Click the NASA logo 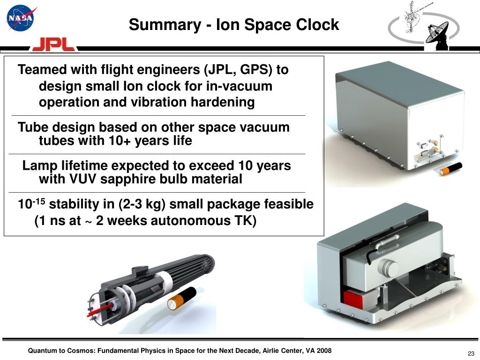click(20, 18)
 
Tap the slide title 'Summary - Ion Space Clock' click(234, 24)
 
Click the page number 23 click(471, 353)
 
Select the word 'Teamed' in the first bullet click(42, 70)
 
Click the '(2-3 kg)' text click(142, 204)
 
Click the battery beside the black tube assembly click(181, 298)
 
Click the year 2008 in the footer click(324, 351)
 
